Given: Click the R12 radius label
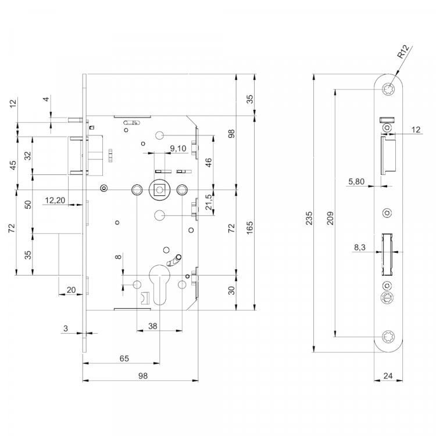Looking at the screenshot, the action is (x=403, y=52).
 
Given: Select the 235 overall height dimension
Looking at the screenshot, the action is (x=309, y=218).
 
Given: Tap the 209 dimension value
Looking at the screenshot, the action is (x=330, y=218).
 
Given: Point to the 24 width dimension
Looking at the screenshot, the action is (x=388, y=376).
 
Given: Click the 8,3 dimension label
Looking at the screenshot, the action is (x=360, y=247).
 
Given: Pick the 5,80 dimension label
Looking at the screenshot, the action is (x=356, y=181).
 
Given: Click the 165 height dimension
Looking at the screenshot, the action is (x=250, y=227).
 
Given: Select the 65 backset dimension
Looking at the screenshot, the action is (x=124, y=359).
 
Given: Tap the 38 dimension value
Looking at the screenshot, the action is (x=153, y=326).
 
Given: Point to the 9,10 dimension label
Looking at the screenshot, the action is (x=178, y=148).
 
